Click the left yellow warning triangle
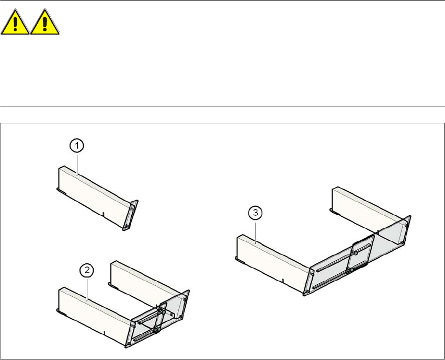[15, 22]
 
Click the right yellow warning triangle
[44, 22]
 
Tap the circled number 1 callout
[77, 146]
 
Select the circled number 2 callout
[87, 270]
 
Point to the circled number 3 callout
[255, 213]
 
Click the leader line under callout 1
[77, 165]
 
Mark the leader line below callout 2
[87, 289]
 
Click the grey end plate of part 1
[130, 215]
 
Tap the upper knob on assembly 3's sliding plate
[355, 253]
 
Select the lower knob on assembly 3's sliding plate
[351, 270]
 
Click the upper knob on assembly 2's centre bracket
[163, 312]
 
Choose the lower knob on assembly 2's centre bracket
[156, 330]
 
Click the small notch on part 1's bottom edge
[104, 214]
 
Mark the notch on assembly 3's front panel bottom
[283, 281]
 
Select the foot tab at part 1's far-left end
[61, 191]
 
